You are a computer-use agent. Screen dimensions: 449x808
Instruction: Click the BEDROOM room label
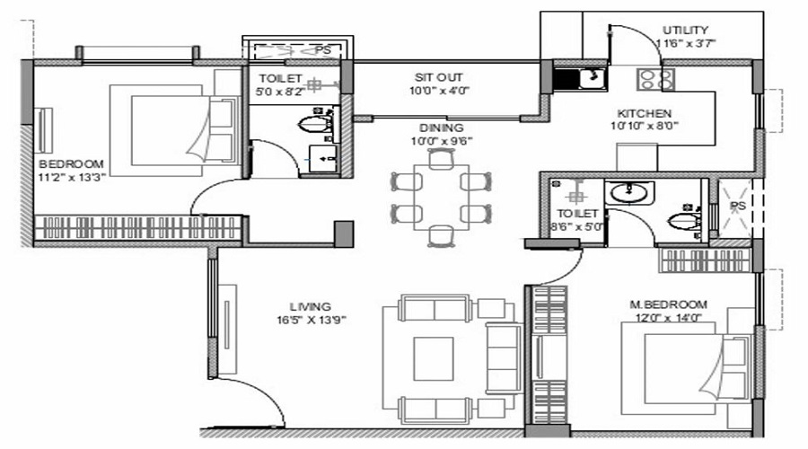70,163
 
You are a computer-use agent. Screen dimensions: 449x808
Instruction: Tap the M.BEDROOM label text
668,304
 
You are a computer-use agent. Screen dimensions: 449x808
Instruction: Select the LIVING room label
311,305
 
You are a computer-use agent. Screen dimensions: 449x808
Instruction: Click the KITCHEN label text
645,113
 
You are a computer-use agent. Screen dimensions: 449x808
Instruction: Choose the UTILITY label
686,30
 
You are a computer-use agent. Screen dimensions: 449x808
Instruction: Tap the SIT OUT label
439,76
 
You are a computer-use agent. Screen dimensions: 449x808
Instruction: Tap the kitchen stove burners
655,80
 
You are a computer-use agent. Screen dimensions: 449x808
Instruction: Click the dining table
439,198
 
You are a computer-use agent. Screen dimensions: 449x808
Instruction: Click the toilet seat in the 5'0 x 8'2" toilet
314,122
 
